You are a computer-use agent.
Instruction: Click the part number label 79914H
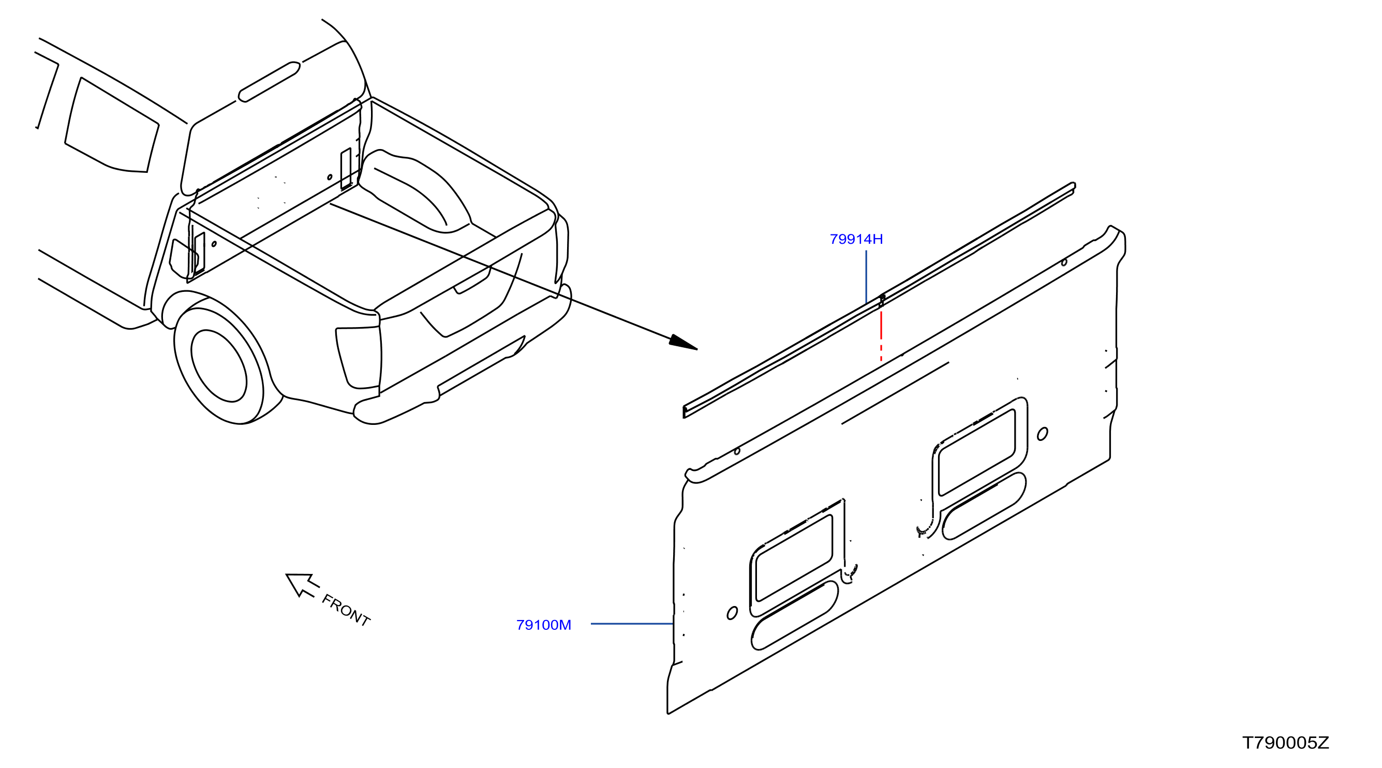(x=856, y=240)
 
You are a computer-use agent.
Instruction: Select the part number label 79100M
(x=543, y=625)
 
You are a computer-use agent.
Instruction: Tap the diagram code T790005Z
(x=1285, y=743)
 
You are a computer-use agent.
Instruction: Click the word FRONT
(x=346, y=611)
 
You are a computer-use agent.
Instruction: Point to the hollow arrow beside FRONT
(x=302, y=584)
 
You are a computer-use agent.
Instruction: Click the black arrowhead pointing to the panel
(x=683, y=343)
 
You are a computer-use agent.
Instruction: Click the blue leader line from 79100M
(x=632, y=624)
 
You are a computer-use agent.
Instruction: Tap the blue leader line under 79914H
(x=867, y=277)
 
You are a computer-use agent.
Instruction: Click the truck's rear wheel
(x=219, y=365)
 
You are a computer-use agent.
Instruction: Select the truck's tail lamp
(x=359, y=358)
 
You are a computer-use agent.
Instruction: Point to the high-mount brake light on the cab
(x=270, y=82)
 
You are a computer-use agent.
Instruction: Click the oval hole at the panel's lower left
(x=732, y=613)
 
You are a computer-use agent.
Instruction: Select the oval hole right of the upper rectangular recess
(x=1043, y=434)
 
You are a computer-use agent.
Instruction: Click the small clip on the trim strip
(x=882, y=300)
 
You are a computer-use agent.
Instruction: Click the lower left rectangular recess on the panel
(x=794, y=559)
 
